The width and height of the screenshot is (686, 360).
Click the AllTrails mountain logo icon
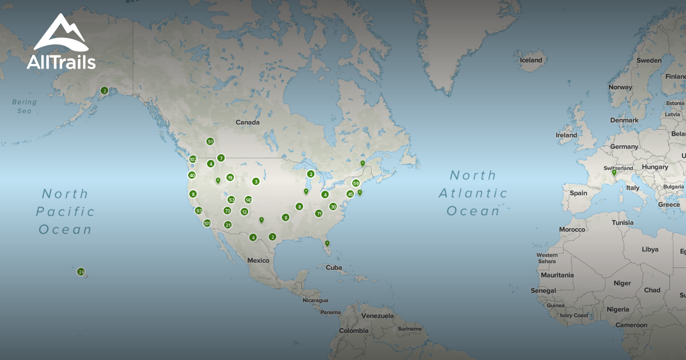coord(60,34)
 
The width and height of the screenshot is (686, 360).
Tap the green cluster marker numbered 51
coord(210,141)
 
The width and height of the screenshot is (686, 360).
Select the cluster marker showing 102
coord(193,159)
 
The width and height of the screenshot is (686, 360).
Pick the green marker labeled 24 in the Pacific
coord(81,271)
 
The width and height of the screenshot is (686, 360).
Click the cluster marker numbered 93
coord(199,211)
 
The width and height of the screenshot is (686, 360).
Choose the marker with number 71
coord(319,214)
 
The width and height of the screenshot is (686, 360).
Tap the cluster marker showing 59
coord(356,183)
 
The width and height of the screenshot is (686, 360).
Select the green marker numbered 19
coord(230,177)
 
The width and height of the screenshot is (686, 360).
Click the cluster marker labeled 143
coord(248,200)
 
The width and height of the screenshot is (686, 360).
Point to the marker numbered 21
coord(228,225)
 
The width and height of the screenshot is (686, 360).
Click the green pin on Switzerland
coord(615,173)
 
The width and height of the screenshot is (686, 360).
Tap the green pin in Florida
coord(327,243)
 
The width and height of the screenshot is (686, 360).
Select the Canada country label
coord(248,122)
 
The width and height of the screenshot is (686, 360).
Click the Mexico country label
coord(258,261)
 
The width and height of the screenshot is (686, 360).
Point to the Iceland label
coord(531,60)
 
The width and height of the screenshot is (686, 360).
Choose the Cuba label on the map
coord(333,267)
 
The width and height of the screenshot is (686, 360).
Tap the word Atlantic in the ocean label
coord(473,193)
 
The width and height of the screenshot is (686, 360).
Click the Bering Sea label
coord(24,106)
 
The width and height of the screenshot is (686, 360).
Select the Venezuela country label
coord(378,316)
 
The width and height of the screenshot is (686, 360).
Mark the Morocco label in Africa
coord(572,230)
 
